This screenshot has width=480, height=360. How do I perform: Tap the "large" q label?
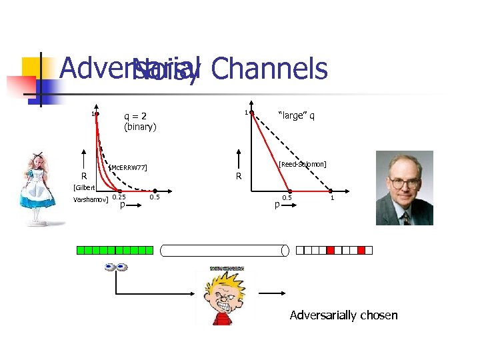[x=296, y=115]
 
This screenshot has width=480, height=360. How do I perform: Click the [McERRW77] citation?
[x=127, y=167]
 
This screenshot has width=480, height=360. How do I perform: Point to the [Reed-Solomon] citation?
[x=303, y=163]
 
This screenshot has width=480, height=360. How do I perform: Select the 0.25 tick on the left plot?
[x=119, y=197]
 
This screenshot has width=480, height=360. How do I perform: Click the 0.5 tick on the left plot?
[x=155, y=197]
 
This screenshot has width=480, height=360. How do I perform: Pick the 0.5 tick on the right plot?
[x=287, y=198]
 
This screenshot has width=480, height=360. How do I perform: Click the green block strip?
[x=115, y=251]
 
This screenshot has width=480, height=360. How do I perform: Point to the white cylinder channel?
[x=225, y=251]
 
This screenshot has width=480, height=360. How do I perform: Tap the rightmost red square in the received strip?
[x=361, y=251]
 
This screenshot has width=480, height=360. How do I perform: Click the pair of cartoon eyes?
[x=115, y=267]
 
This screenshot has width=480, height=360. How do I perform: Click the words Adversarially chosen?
[x=343, y=315]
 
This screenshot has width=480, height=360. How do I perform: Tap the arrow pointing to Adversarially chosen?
[x=273, y=294]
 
